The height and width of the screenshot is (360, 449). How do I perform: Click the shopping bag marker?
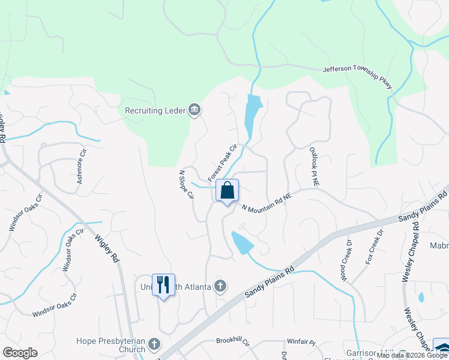click(x=228, y=191)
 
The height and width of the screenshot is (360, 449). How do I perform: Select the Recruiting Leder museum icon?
click(x=194, y=110)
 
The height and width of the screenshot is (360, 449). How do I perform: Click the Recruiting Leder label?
click(x=155, y=110)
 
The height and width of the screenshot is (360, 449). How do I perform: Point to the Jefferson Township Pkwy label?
click(x=358, y=77)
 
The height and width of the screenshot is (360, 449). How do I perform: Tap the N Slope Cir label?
click(x=187, y=184)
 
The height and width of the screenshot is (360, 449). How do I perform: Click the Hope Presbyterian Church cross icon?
click(x=154, y=344)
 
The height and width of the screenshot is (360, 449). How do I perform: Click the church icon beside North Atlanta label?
click(x=220, y=286)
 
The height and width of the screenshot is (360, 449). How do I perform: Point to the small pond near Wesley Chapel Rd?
click(x=421, y=297)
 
